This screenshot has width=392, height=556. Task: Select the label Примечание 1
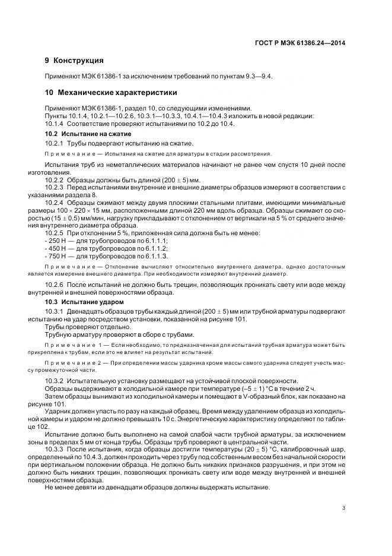pyautogui.click(x=71, y=344)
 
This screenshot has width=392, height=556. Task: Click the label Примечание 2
pyautogui.click(x=71, y=362)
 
